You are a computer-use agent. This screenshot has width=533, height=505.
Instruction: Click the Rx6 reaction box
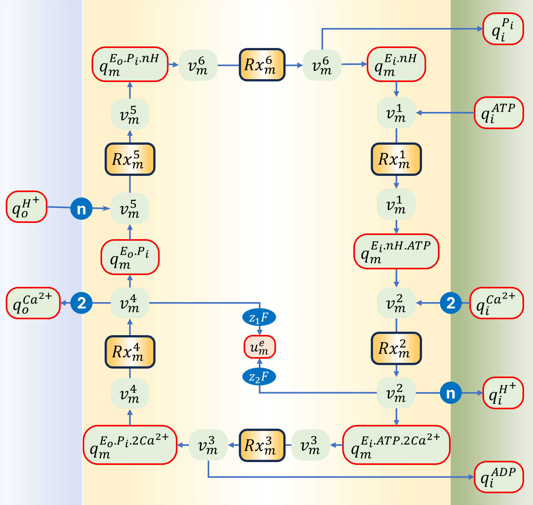pyautogui.click(x=262, y=65)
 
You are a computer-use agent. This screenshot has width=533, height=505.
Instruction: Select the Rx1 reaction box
pyautogui.click(x=396, y=159)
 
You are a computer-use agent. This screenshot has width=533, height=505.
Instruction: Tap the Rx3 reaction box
pyautogui.click(x=262, y=445)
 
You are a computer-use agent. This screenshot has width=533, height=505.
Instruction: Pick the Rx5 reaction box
pyautogui.click(x=130, y=159)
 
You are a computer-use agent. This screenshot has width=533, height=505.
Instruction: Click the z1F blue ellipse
pyautogui.click(x=259, y=317)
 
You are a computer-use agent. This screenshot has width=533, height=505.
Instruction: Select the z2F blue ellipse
pyautogui.click(x=259, y=377)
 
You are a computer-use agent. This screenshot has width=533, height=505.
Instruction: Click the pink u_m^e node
pyautogui.click(x=260, y=347)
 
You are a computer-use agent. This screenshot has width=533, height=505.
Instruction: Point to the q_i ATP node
pyautogui.click(x=499, y=113)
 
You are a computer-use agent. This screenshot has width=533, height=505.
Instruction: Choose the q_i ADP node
pyautogui.click(x=499, y=477)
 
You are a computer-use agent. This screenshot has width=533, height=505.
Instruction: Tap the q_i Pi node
pyautogui.click(x=503, y=29)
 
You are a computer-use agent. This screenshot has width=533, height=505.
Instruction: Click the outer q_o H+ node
pyautogui.click(x=26, y=207)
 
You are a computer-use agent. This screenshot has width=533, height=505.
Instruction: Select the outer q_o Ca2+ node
pyautogui.click(x=33, y=303)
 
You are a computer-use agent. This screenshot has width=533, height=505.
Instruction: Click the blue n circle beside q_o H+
pyautogui.click(x=81, y=209)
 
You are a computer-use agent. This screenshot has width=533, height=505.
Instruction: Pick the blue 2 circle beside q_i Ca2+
pyautogui.click(x=451, y=303)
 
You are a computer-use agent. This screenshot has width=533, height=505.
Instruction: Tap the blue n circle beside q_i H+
pyautogui.click(x=451, y=393)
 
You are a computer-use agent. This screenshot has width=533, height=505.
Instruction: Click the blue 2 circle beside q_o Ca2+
pyautogui.click(x=81, y=303)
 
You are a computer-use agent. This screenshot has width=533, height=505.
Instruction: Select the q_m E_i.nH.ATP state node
pyautogui.click(x=396, y=252)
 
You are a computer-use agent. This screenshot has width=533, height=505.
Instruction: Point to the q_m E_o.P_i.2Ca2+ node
pyautogui.click(x=130, y=445)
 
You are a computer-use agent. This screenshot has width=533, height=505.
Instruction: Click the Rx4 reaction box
pyautogui.click(x=130, y=352)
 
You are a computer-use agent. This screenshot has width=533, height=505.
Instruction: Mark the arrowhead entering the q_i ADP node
pyautogui.click(x=472, y=477)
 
